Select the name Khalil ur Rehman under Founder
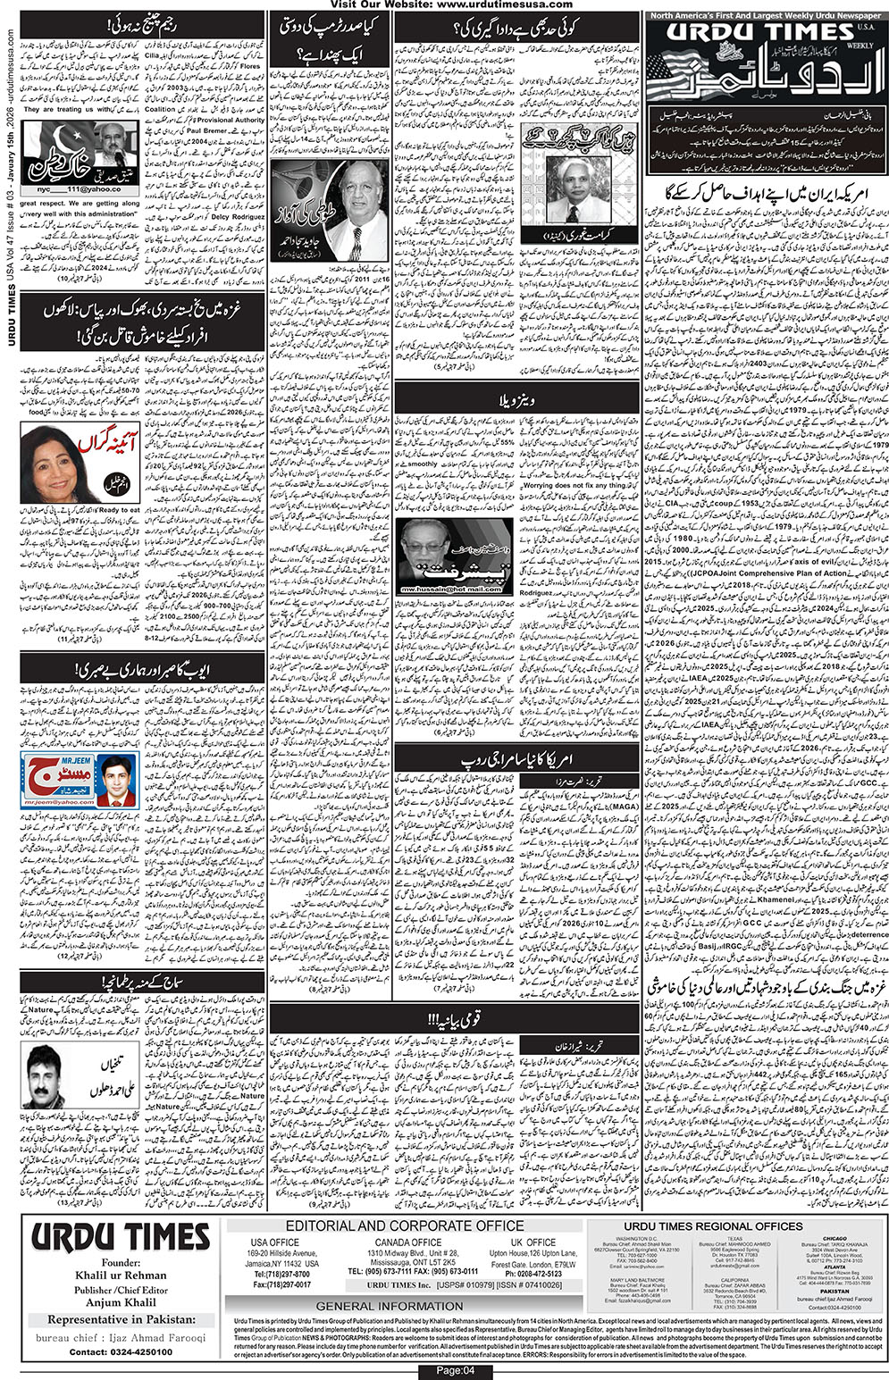click(121, 1275)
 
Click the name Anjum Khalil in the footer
click(121, 1302)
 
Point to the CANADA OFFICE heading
click(407, 1242)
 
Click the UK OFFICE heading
click(534, 1242)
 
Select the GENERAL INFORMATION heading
click(402, 1306)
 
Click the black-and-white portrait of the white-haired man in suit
click(577, 188)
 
